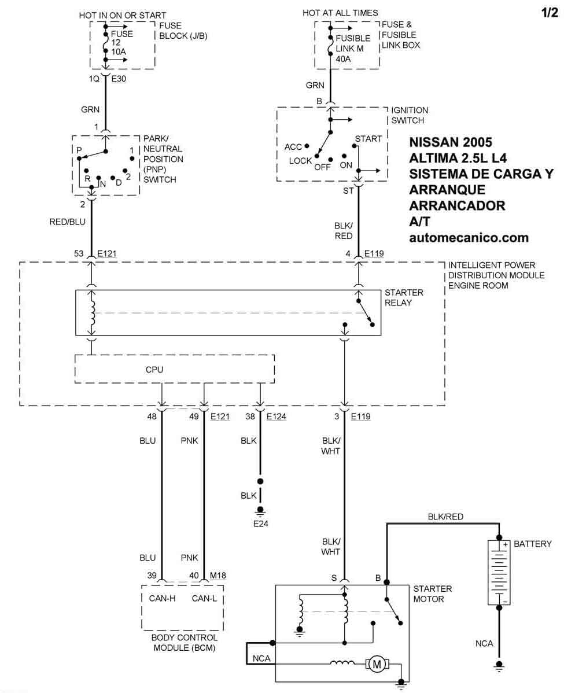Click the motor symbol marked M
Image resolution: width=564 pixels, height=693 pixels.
pyautogui.click(x=377, y=665)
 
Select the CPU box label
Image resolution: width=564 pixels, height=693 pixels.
pyautogui.click(x=154, y=368)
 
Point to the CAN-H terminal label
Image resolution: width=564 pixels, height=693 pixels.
pyautogui.click(x=163, y=599)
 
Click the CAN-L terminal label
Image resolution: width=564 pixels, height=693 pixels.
pyautogui.click(x=204, y=599)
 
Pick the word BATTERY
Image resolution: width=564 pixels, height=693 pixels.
pyautogui.click(x=532, y=544)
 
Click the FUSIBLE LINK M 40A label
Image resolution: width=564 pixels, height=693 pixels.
pyautogui.click(x=350, y=49)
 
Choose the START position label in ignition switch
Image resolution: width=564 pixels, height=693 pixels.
pyautogui.click(x=368, y=139)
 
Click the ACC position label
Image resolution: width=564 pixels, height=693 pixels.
pyautogui.click(x=293, y=147)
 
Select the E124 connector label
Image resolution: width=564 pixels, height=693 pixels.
pyautogui.click(x=276, y=416)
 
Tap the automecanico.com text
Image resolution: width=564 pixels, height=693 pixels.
pyautogui.click(x=469, y=237)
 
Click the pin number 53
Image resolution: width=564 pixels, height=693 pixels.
pyautogui.click(x=79, y=253)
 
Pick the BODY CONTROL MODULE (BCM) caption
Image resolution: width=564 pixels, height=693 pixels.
pyautogui.click(x=184, y=643)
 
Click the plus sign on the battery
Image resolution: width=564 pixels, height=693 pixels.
pyautogui.click(x=504, y=545)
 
